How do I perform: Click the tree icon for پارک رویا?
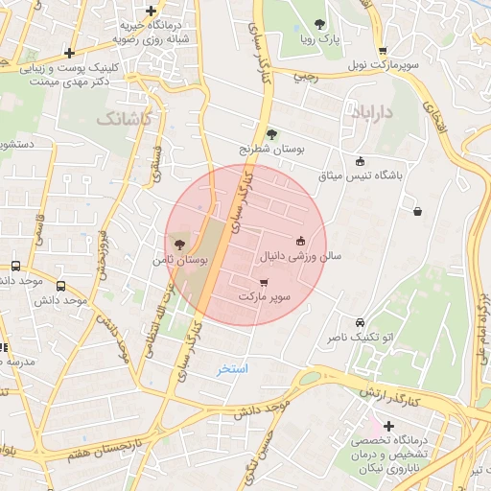click(x=319, y=25)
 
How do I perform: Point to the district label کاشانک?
click(x=124, y=116)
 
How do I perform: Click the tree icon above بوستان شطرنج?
click(x=271, y=134)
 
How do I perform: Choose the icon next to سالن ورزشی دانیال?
click(x=300, y=241)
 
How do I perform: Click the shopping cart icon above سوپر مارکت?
click(x=264, y=283)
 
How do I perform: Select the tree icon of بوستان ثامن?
click(x=180, y=245)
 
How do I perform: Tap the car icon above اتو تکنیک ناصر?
click(x=360, y=323)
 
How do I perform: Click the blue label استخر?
click(x=232, y=369)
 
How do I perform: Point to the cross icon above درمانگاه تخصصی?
click(x=388, y=426)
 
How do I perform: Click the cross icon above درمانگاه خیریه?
click(x=151, y=11)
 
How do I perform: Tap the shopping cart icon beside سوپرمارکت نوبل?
click(x=383, y=52)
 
